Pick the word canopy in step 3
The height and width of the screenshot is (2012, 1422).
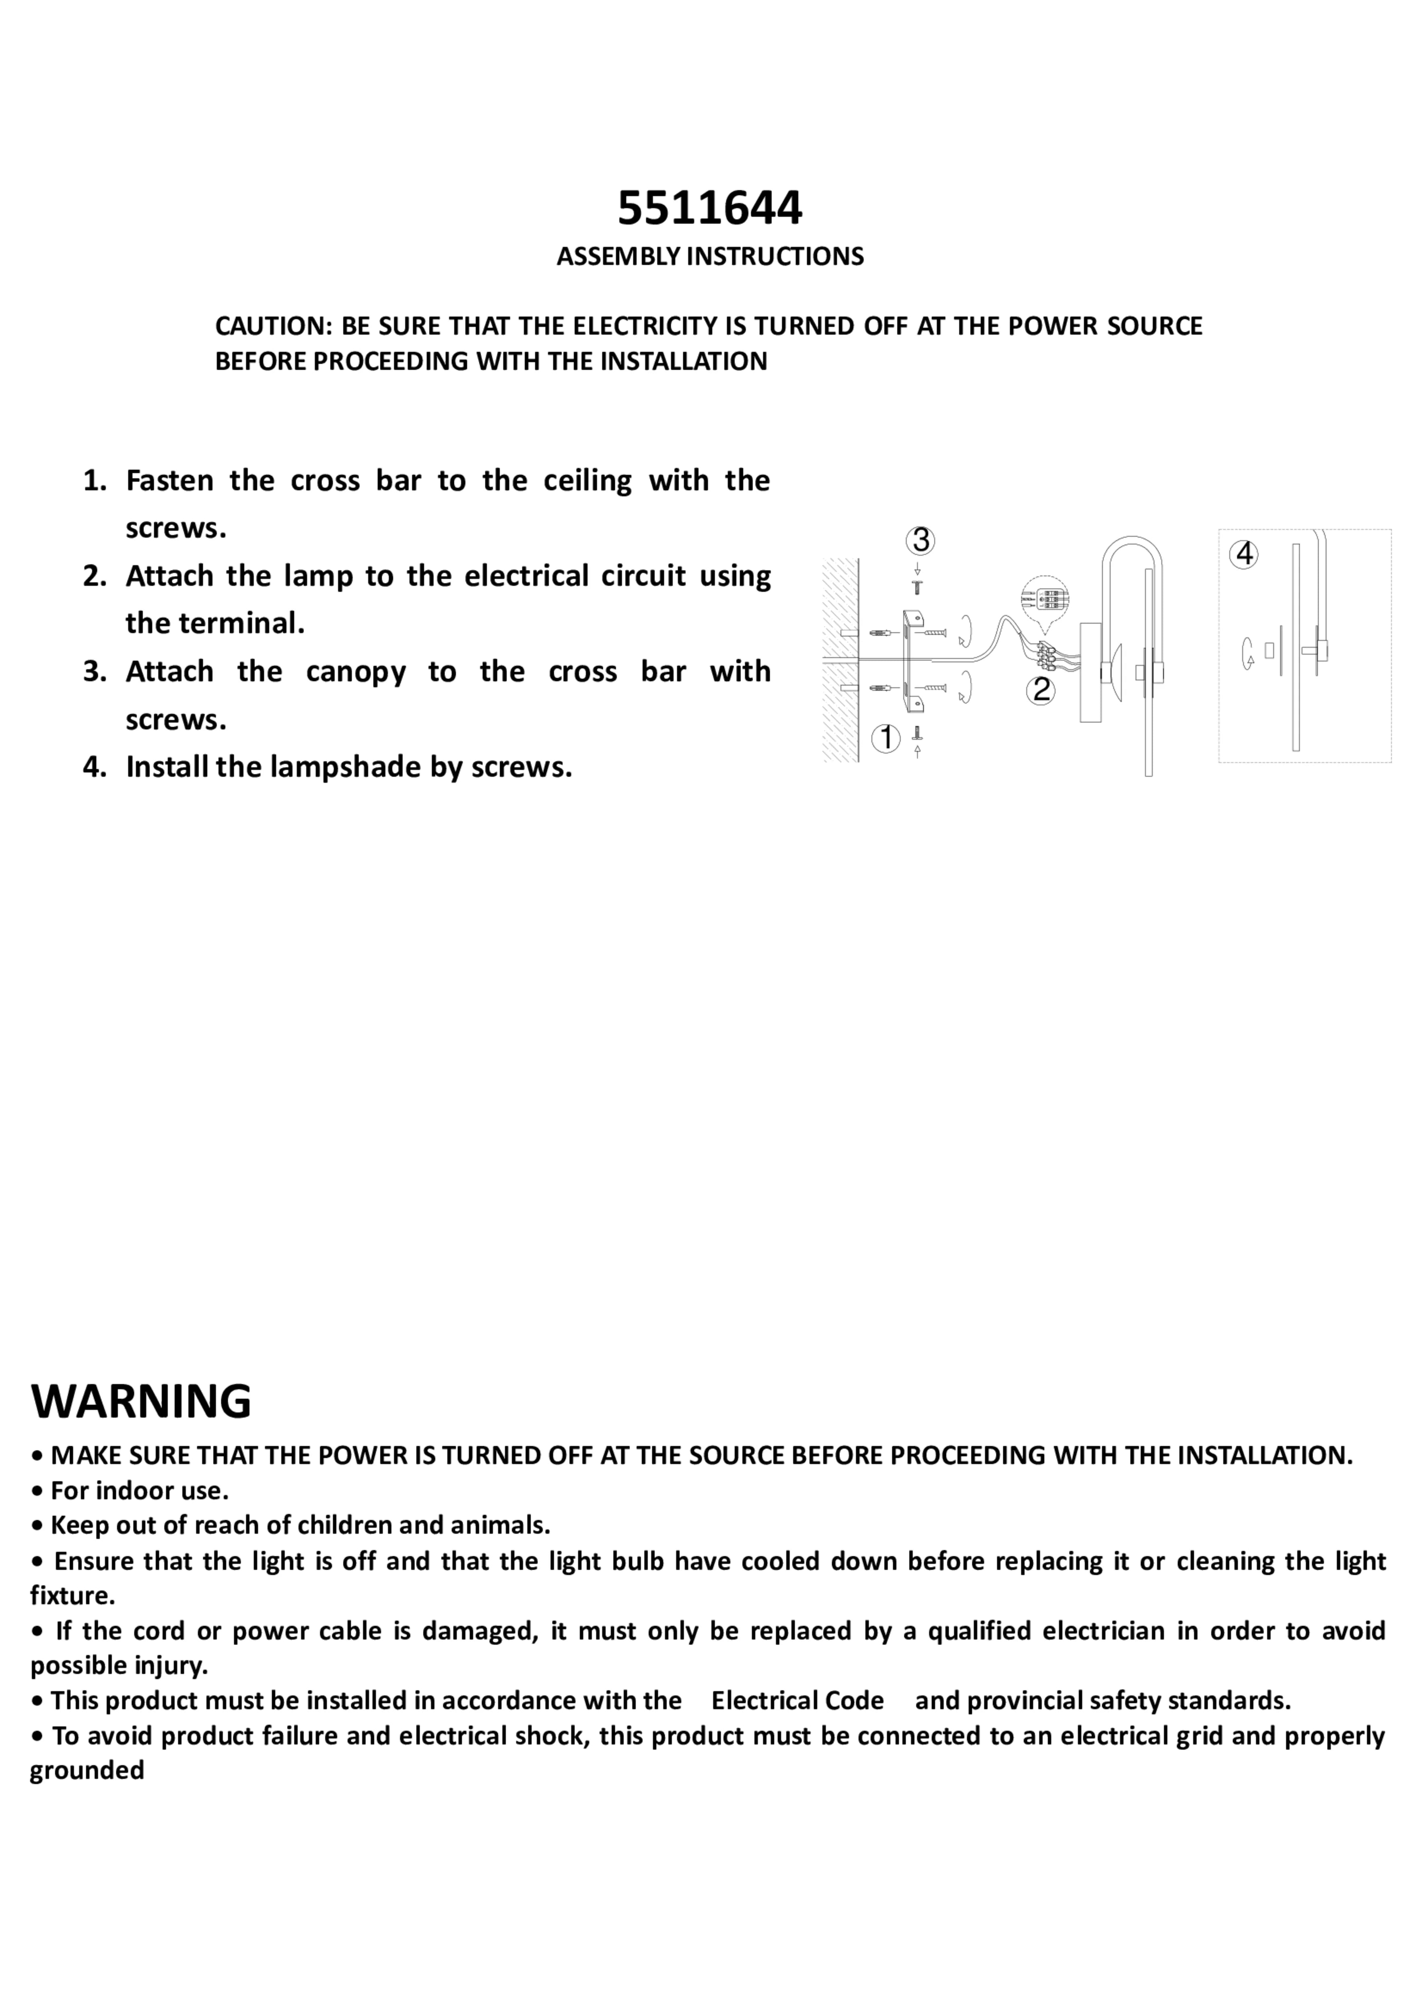coord(356,672)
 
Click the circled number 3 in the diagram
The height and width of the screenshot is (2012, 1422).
coord(920,541)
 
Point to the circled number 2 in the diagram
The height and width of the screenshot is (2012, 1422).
coord(1040,691)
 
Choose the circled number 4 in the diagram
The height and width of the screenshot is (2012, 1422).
coord(1243,555)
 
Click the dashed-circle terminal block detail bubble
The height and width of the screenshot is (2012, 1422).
coord(1045,600)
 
